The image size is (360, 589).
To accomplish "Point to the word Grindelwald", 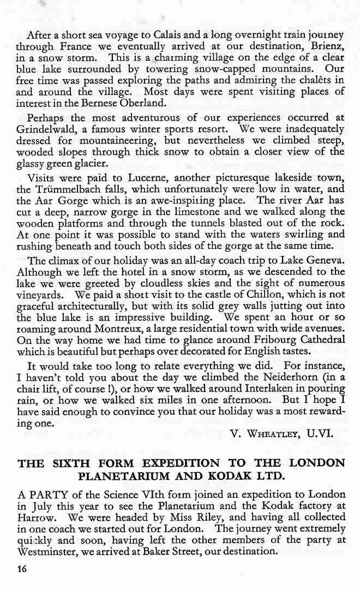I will (47, 129).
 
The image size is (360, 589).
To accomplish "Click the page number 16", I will (22, 569).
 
